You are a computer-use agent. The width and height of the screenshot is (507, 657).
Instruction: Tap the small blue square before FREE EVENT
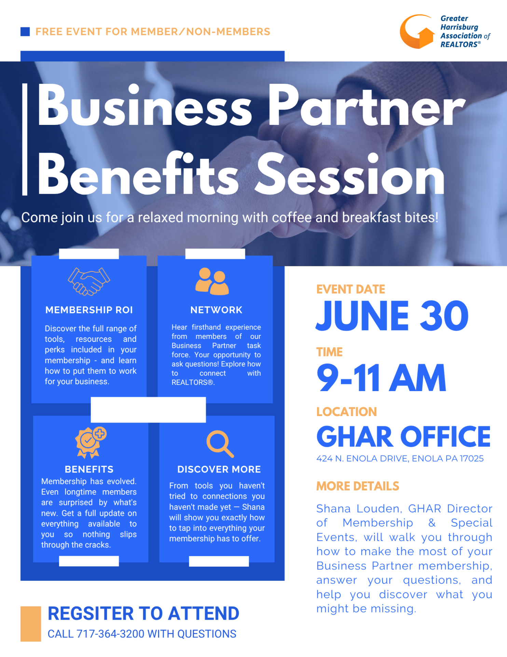click(25, 32)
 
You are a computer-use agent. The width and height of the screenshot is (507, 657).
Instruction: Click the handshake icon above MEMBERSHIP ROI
click(89, 281)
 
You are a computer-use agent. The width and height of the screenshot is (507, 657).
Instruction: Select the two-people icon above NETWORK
click(212, 281)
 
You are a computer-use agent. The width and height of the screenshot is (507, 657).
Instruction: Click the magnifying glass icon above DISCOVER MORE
click(220, 444)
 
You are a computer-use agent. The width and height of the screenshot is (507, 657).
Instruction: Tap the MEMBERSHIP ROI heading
click(89, 310)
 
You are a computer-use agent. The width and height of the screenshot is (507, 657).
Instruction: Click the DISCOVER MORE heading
click(219, 469)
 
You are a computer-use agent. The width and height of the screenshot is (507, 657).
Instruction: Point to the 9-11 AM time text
click(381, 378)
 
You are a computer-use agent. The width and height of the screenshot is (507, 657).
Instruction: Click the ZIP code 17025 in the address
click(472, 459)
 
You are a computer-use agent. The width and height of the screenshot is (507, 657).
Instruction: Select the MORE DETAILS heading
click(358, 486)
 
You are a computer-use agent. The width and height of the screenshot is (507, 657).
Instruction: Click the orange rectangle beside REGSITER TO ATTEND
click(31, 624)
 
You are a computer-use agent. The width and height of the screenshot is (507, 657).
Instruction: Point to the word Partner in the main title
click(366, 106)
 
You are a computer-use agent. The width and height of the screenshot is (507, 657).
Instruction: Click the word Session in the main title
click(350, 175)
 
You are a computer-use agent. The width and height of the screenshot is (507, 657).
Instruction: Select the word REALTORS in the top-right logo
click(459, 44)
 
